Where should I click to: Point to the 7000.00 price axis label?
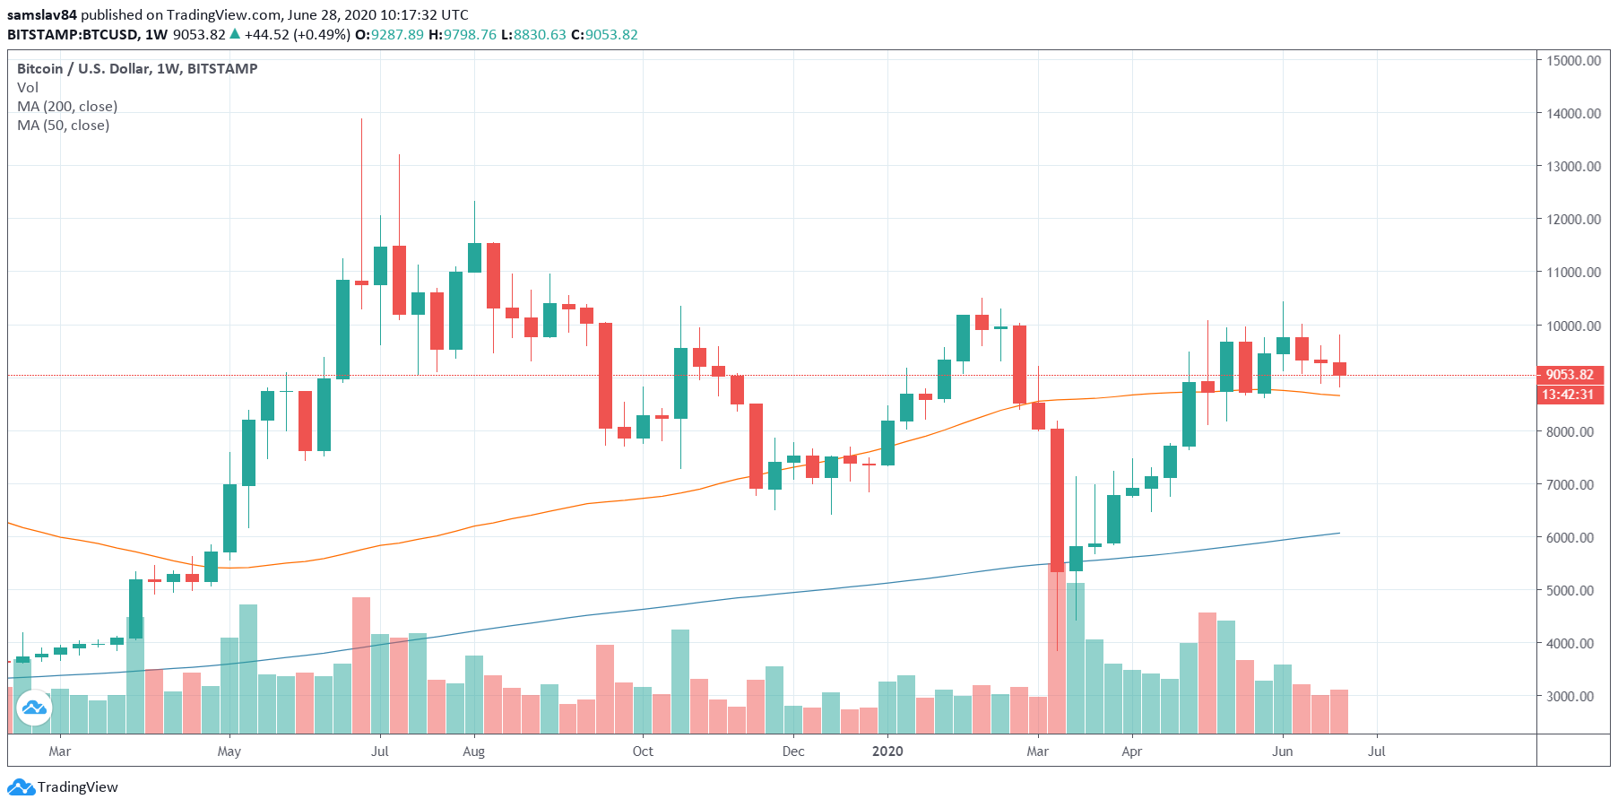pos(1570,484)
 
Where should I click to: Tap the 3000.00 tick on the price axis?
pos(1570,696)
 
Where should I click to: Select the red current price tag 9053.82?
pos(1570,375)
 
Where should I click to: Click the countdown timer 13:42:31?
pos(1568,395)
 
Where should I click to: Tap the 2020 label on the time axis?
pos(887,752)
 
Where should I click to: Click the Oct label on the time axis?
pos(643,752)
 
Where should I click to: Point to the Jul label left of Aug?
pos(380,752)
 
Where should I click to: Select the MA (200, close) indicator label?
pos(67,106)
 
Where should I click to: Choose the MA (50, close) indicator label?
pos(64,125)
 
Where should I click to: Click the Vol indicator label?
pos(28,87)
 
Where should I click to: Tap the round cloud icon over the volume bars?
pos(34,708)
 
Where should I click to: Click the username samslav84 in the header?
pos(41,14)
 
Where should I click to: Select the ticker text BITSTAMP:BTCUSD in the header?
pos(73,34)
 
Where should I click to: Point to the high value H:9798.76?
pos(463,34)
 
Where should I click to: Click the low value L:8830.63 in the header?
pos(533,34)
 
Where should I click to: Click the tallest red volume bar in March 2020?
pos(1057,646)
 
